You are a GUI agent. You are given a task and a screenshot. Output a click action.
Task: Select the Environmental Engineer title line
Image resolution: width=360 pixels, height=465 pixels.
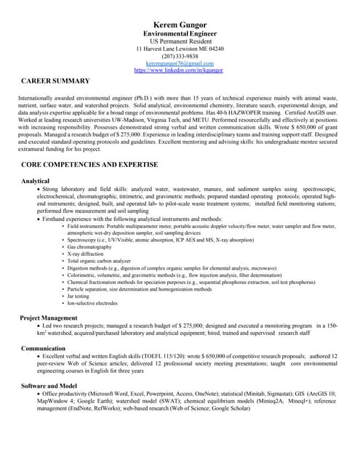(180, 35)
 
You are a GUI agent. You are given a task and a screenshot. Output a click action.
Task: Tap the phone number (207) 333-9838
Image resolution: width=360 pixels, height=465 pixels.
(180, 57)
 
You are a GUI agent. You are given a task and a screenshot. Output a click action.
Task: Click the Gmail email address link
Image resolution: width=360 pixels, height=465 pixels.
(180, 64)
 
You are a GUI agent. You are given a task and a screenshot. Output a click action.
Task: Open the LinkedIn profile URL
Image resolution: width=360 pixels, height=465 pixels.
(180, 70)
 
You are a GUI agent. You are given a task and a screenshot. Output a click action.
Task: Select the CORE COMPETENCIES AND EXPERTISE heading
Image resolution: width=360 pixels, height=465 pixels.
(89, 166)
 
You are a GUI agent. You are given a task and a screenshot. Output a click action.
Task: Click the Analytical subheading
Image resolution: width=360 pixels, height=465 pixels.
(35, 180)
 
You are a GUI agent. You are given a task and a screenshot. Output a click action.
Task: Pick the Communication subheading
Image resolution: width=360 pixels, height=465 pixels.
(43, 349)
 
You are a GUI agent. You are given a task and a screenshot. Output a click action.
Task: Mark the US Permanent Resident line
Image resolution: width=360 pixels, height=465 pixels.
(180, 42)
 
